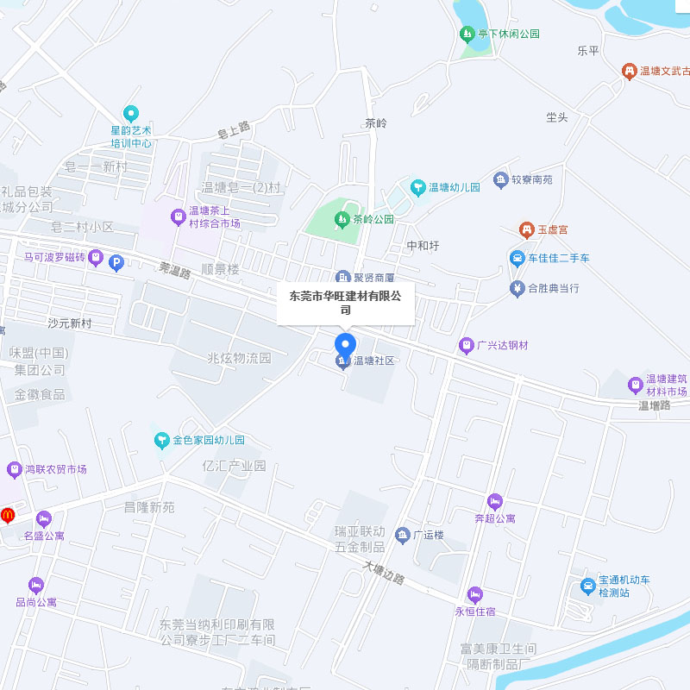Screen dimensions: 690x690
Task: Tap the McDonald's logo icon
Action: tap(8, 515)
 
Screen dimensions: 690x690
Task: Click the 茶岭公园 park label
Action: tap(373, 220)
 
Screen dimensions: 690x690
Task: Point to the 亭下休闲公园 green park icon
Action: tap(467, 34)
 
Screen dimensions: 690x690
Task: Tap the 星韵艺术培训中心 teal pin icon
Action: tap(131, 112)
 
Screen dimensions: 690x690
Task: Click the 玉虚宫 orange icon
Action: tap(525, 229)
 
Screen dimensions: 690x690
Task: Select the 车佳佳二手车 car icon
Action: tap(517, 258)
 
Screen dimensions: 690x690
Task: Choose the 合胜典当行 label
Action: tap(553, 287)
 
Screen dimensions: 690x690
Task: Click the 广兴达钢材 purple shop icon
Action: tap(467, 345)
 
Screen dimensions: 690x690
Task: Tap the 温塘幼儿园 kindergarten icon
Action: tap(417, 186)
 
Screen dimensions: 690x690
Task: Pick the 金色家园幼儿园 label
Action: tap(208, 440)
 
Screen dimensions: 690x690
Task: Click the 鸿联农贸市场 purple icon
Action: tap(14, 470)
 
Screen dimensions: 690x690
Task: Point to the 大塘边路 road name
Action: tap(384, 574)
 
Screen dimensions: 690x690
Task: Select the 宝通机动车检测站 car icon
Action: tap(588, 587)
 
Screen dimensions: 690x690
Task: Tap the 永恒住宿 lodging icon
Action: tap(474, 594)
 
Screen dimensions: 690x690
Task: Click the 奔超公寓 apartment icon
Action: tap(494, 502)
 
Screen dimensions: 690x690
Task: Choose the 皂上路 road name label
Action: tap(233, 130)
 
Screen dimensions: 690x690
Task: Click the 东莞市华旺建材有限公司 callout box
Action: tap(345, 303)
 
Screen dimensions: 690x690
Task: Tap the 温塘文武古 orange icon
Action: tap(629, 71)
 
